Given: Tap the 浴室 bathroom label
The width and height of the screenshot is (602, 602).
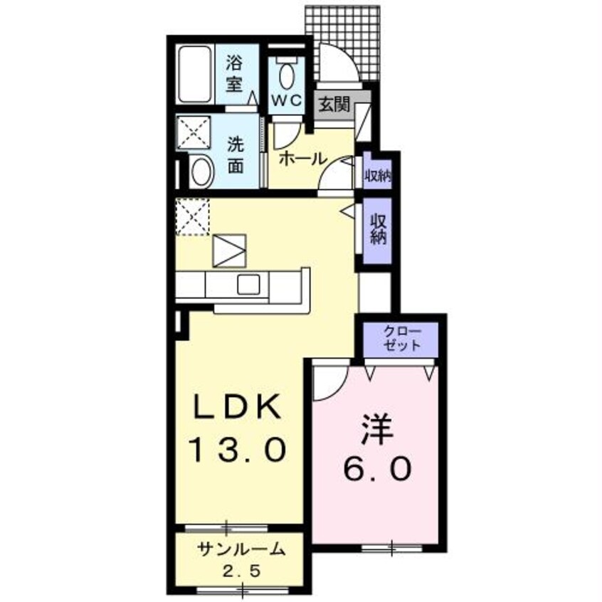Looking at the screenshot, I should pyautogui.click(x=236, y=73).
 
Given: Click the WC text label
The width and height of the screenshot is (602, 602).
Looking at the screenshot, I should pyautogui.click(x=287, y=100).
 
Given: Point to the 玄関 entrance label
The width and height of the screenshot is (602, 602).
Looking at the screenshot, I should pyautogui.click(x=332, y=105).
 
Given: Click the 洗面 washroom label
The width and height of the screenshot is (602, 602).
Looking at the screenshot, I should pyautogui.click(x=236, y=154).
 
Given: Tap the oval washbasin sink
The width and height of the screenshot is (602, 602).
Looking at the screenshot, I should pyautogui.click(x=202, y=171).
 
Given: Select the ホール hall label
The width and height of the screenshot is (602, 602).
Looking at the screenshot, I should pyautogui.click(x=302, y=158).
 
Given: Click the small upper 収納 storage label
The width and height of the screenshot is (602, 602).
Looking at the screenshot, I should pyautogui.click(x=377, y=174).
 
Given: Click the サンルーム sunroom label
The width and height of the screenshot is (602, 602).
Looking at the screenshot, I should pyautogui.click(x=241, y=549).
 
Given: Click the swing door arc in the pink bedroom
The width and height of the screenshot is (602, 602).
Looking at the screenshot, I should pyautogui.click(x=327, y=381).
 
